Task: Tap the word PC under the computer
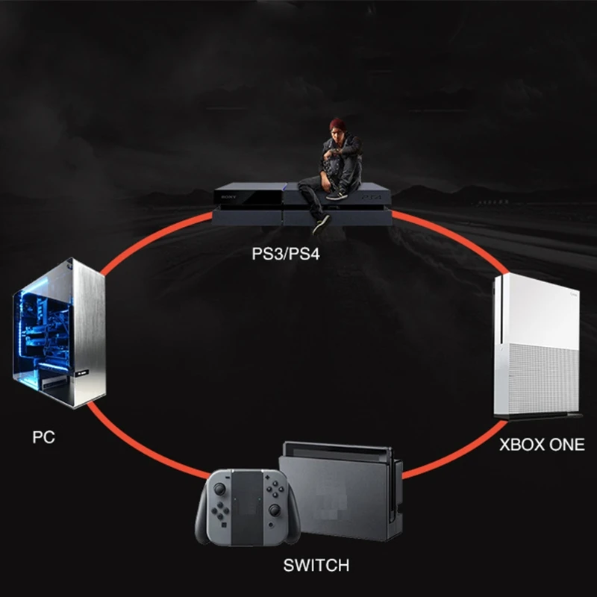(x=44, y=436)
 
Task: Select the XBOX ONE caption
(x=542, y=446)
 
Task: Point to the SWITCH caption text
(x=316, y=564)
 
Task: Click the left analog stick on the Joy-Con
(x=221, y=490)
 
